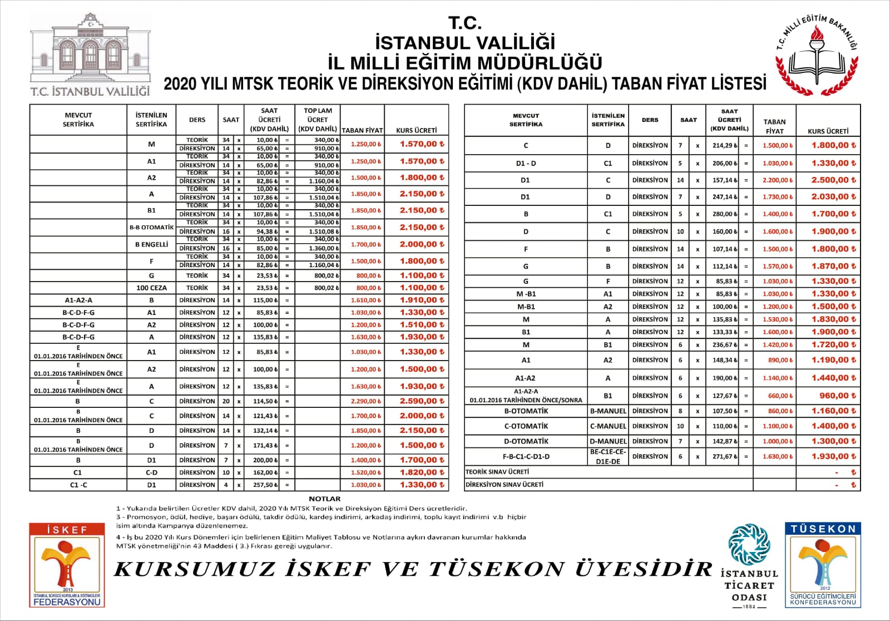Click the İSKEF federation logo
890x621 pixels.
click(67, 565)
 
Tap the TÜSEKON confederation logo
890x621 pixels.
click(823, 565)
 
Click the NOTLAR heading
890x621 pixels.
click(324, 499)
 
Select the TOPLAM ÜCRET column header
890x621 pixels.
click(317, 120)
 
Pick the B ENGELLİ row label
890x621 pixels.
click(151, 244)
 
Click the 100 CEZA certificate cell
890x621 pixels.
click(151, 288)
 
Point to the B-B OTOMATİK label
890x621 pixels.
click(151, 227)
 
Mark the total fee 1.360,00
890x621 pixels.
click(318, 248)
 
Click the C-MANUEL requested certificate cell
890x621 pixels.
click(608, 426)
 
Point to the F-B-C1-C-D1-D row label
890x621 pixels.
click(526, 456)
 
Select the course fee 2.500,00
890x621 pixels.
click(833, 180)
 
